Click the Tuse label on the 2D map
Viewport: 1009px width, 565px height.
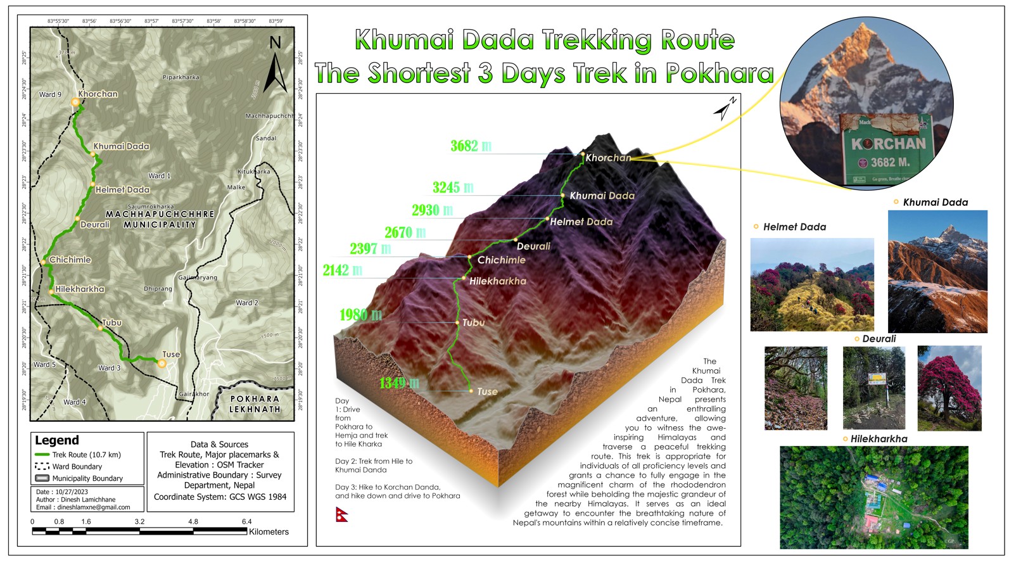pos(171,354)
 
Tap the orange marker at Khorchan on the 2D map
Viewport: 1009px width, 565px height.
pos(75,101)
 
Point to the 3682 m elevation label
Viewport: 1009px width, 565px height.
pos(471,146)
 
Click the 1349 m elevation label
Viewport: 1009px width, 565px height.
pos(399,383)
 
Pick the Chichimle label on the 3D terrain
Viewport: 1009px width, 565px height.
pos(501,260)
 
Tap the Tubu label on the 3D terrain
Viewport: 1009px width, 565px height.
pos(473,322)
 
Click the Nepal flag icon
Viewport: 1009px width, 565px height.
pos(341,514)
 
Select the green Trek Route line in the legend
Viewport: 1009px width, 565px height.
pos(42,455)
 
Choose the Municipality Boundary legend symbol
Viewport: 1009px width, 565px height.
pos(42,478)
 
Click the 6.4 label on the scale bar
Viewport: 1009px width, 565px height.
pos(246,522)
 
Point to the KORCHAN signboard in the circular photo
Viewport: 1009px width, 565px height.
pos(887,151)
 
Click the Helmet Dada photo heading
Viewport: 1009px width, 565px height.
pos(794,227)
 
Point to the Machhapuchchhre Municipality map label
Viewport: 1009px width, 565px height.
pos(160,219)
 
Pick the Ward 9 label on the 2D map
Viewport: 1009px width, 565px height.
pos(51,94)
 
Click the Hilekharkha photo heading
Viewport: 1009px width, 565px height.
pos(879,438)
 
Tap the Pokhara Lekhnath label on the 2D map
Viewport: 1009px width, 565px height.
pos(255,404)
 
